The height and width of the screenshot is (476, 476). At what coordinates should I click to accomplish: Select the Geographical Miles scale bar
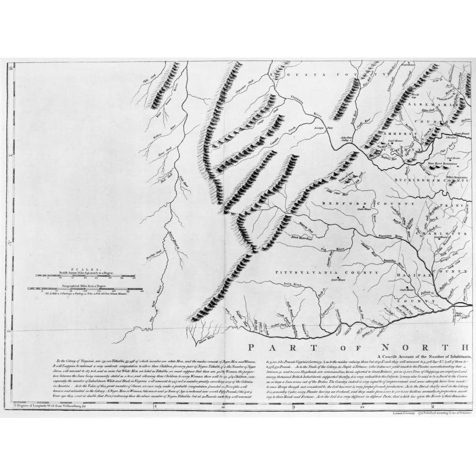coord(86,288)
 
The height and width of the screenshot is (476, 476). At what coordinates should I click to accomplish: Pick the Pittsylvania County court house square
coord(337,278)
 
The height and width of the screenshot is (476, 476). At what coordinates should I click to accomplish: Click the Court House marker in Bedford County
coord(361,208)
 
